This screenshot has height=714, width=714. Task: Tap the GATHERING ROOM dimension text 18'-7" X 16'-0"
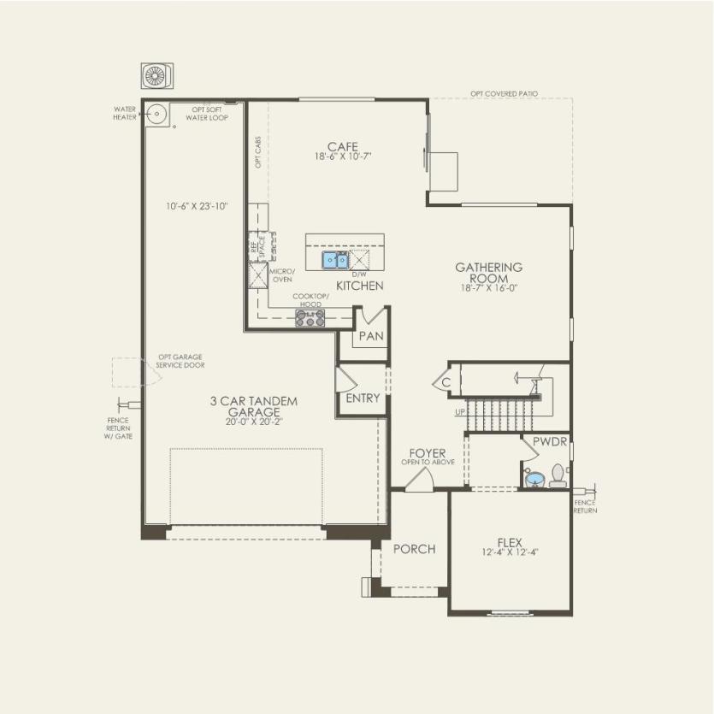coord(488,289)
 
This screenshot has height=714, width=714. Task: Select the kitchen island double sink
coord(334,259)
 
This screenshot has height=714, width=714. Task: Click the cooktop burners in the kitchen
coord(310,318)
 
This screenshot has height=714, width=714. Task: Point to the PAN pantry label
coord(370,336)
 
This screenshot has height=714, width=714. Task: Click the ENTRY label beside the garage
coord(363,398)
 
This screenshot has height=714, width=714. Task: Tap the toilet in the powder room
coord(558,475)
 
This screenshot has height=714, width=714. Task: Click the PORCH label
coord(414,549)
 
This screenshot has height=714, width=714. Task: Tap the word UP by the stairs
coord(460,411)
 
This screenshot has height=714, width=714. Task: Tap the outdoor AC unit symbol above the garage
coord(156,75)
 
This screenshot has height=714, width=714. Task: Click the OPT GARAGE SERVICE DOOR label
coord(180,362)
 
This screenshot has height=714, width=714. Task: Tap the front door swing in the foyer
coord(419,481)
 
